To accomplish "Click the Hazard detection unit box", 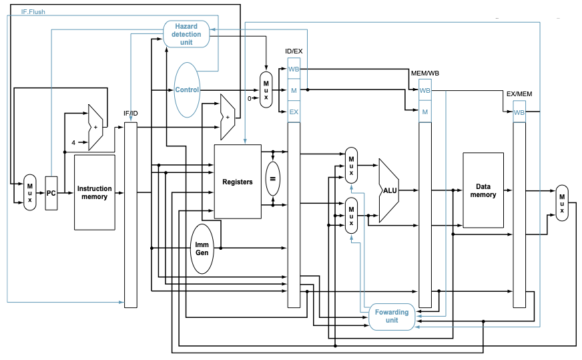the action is point(186,34).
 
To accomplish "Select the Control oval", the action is point(187,90).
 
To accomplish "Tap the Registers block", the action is point(238,182).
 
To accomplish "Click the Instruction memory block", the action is point(95,192).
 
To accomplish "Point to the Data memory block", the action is point(483,190).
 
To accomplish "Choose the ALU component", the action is point(388,190).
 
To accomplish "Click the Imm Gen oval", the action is point(202,248).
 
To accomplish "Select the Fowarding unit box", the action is point(392,317).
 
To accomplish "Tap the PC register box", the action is point(51,193).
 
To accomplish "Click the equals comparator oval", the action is point(273,179).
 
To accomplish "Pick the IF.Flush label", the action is point(33,12).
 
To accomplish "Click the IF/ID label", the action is point(131,114).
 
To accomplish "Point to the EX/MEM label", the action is point(519,94).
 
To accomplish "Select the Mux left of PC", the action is point(29,192).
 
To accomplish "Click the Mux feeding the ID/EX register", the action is point(266,90).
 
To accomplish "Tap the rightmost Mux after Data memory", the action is point(562,203).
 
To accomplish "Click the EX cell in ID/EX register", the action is point(294,112).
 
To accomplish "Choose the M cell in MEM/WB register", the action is point(425,112).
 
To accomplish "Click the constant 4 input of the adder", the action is point(73,143).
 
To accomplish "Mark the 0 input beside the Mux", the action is point(250,98).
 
